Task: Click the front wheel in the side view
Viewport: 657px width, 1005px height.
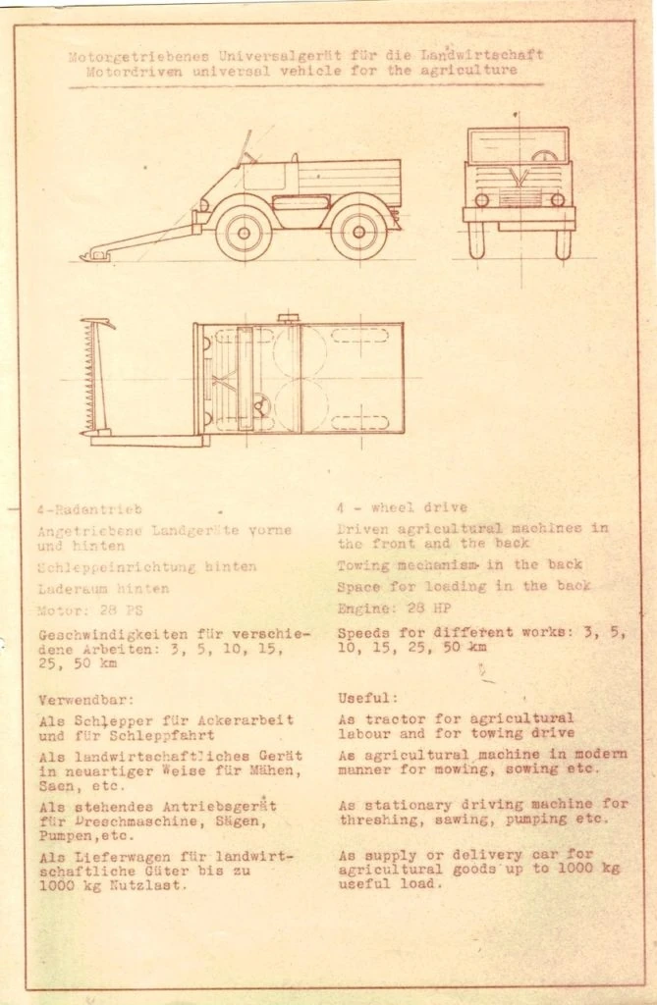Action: pyautogui.click(x=243, y=232)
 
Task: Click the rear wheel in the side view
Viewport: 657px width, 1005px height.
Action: pyautogui.click(x=358, y=232)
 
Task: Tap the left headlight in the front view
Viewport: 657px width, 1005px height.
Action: pyautogui.click(x=481, y=199)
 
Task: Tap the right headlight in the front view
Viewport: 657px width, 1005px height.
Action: pyautogui.click(x=557, y=199)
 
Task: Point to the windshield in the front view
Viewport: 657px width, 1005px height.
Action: pyautogui.click(x=518, y=145)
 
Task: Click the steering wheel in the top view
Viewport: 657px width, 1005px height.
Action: pyautogui.click(x=261, y=404)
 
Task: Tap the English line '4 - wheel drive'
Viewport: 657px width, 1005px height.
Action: pyautogui.click(x=403, y=507)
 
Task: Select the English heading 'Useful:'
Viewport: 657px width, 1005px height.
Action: pyautogui.click(x=368, y=698)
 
